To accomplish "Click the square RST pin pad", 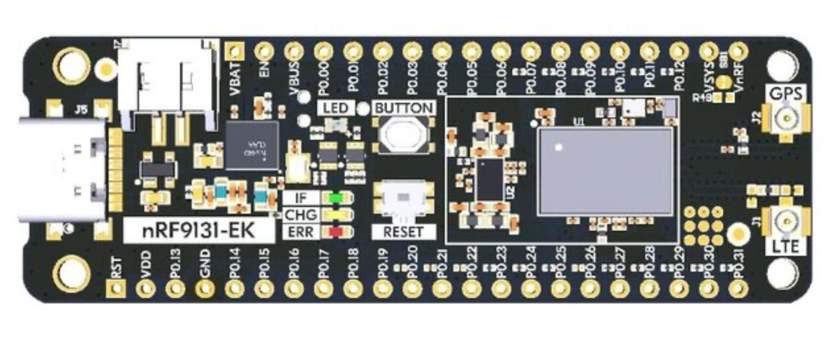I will (115, 288).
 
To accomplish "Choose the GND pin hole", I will (204, 288).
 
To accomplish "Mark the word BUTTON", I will (404, 107).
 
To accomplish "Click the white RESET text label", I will (403, 232).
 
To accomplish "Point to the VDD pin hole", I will (145, 288).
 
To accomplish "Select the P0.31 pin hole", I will (737, 288).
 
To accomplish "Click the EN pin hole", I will (264, 51).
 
